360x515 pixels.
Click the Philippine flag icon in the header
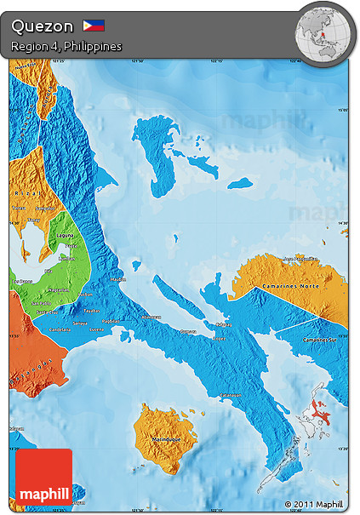tap(94, 26)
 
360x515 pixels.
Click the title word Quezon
tap(43, 26)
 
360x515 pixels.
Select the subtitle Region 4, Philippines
tap(66, 46)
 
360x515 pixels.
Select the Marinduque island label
tap(166, 439)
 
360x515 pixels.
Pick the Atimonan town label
tap(151, 316)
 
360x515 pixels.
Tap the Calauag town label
tap(222, 324)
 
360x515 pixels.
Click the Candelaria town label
tap(60, 329)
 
